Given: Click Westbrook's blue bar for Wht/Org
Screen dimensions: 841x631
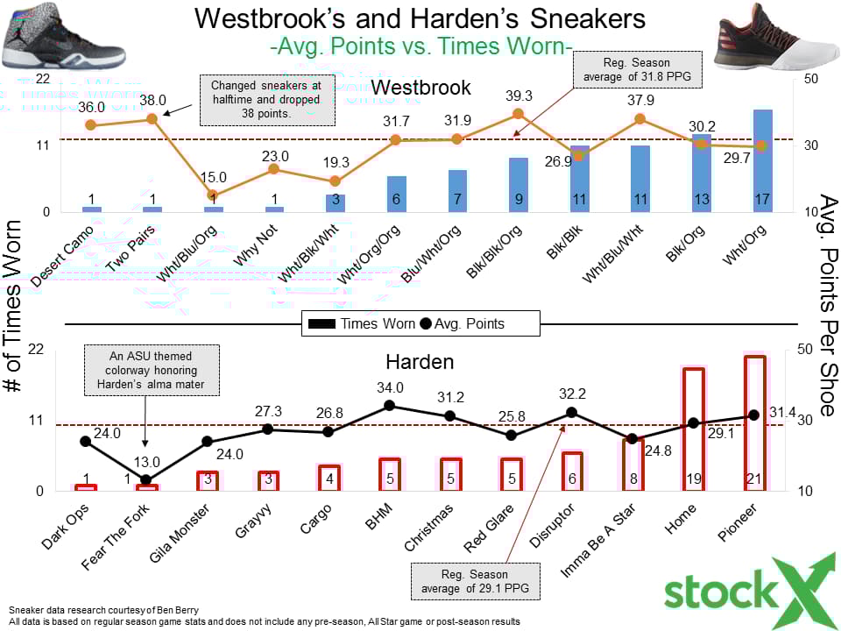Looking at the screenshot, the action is tap(763, 161).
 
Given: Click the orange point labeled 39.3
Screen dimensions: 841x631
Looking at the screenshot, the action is tap(518, 114).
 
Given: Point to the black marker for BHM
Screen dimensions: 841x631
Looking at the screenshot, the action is tap(390, 406).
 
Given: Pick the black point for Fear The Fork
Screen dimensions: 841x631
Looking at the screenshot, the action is tap(146, 480).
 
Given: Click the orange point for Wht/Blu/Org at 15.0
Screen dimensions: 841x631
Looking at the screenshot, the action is tap(213, 195).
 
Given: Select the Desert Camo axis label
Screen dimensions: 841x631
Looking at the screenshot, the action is tap(61, 256).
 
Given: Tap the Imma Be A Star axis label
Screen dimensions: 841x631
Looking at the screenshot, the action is tap(598, 541).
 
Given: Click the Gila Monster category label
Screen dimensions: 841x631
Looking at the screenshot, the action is tap(179, 534).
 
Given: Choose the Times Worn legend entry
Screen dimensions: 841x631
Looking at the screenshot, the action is tap(362, 323).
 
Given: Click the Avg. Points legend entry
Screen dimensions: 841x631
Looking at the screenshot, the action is tap(463, 323).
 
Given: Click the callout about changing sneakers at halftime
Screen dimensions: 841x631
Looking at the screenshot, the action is tap(267, 100).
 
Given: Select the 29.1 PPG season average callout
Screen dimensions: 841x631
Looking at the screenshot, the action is tap(475, 581).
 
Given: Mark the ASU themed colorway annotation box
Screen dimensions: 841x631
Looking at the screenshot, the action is tap(152, 370).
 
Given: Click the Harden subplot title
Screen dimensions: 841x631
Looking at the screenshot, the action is tap(420, 362).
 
